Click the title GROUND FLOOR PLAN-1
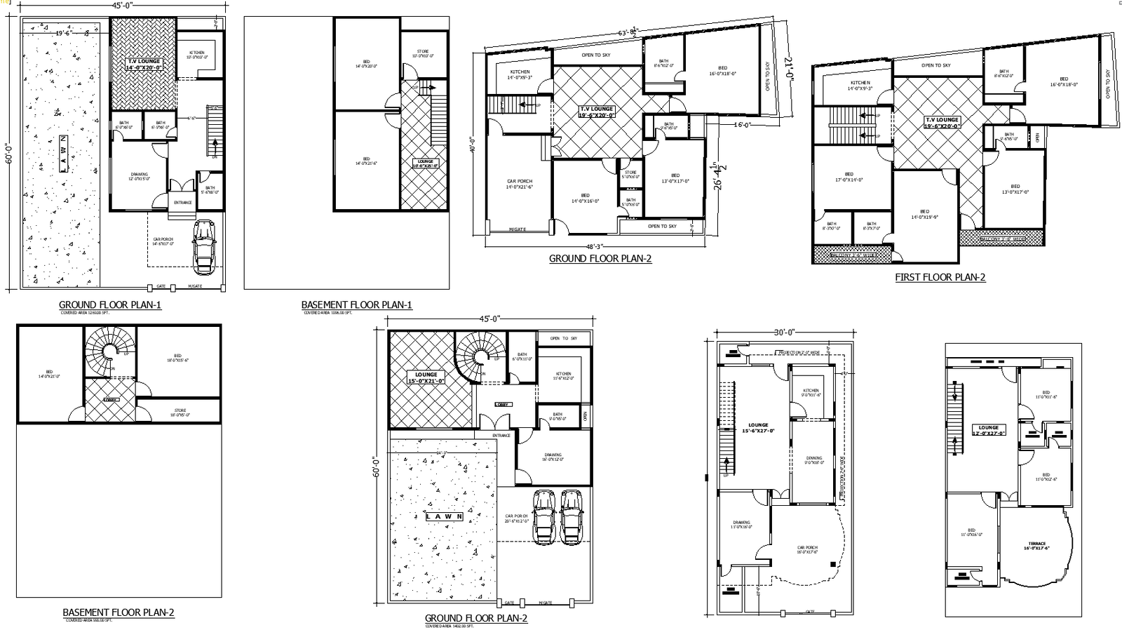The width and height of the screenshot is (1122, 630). click(x=110, y=305)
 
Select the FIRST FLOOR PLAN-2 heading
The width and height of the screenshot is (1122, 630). click(x=940, y=278)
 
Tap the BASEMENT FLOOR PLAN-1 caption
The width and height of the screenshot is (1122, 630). click(x=356, y=305)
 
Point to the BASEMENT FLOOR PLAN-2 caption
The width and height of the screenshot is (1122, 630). click(x=118, y=612)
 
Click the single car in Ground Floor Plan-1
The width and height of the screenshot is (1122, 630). click(x=204, y=246)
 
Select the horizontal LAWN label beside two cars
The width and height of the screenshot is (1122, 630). click(x=444, y=517)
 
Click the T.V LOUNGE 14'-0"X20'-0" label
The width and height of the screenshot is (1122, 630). click(x=144, y=65)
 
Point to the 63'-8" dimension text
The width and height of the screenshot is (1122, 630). click(x=627, y=32)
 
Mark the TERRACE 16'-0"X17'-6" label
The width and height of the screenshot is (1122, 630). click(x=1036, y=546)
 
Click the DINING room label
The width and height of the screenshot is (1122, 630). click(x=813, y=460)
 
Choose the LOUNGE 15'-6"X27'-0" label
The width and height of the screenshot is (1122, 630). click(x=758, y=428)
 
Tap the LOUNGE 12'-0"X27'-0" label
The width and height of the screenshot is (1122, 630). click(x=988, y=430)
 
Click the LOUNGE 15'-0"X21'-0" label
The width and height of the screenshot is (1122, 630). click(x=426, y=378)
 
